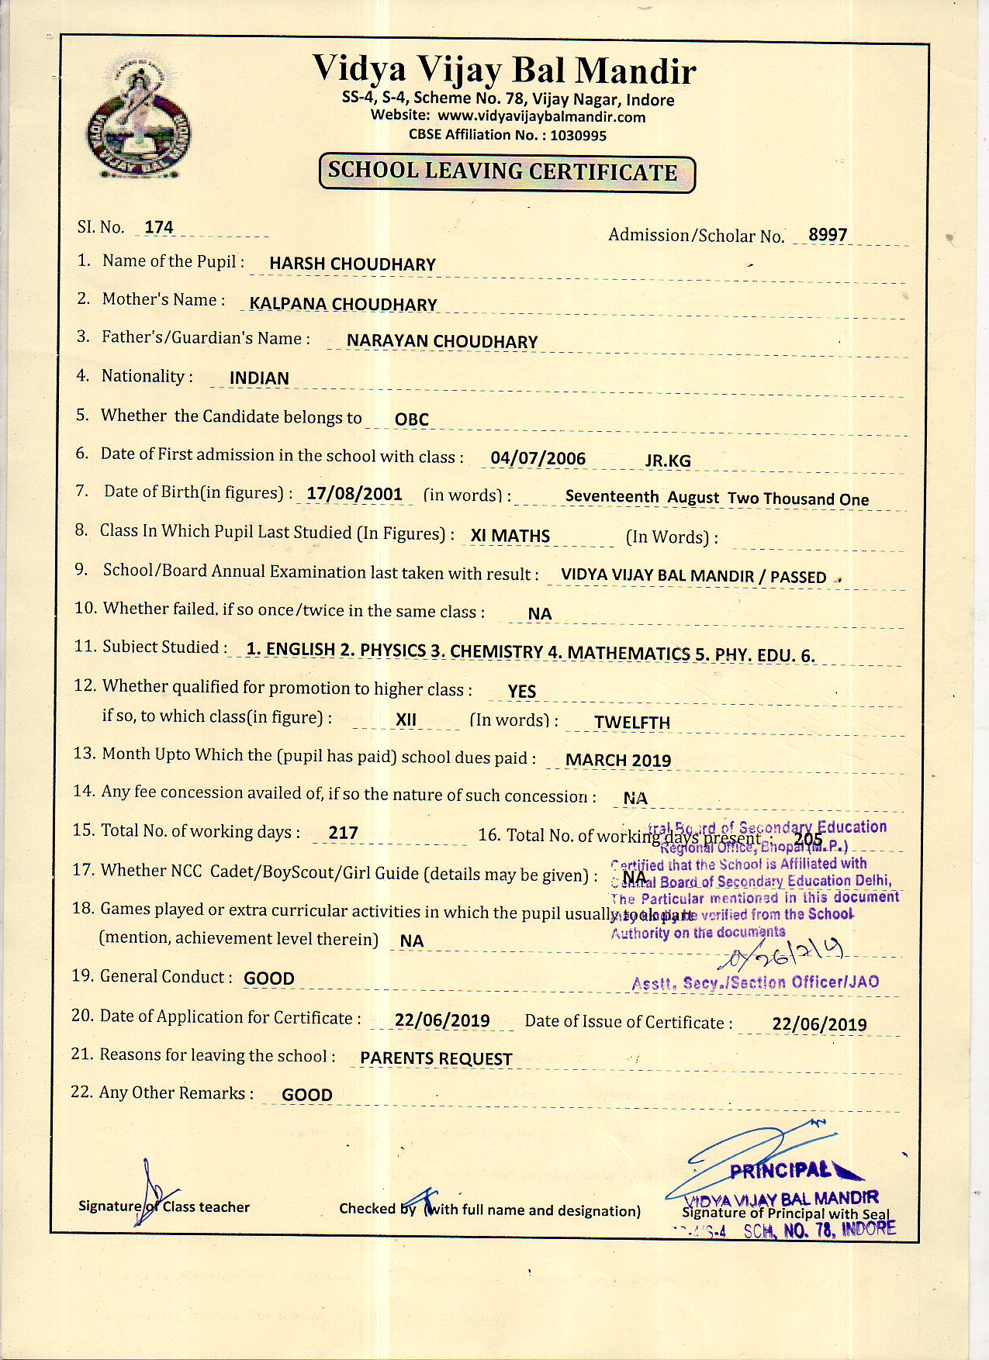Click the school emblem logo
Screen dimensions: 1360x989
click(137, 116)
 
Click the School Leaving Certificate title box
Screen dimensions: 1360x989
click(507, 172)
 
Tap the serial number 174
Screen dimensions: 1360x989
click(159, 227)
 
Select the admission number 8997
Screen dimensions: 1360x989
click(828, 234)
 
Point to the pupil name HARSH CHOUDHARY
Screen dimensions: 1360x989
click(352, 264)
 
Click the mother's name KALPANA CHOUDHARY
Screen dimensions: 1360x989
click(343, 304)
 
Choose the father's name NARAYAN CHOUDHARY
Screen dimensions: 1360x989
click(441, 341)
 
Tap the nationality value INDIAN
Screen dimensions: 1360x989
click(259, 378)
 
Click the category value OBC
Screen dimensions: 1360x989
click(411, 419)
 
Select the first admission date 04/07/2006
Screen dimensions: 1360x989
click(538, 458)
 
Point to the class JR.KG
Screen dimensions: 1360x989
click(667, 461)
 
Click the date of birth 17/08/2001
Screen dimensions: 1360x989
click(354, 494)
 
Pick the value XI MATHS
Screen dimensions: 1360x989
click(510, 536)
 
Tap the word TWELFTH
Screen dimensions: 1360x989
click(631, 722)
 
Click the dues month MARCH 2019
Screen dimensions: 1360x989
click(617, 760)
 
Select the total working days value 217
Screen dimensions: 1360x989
click(343, 833)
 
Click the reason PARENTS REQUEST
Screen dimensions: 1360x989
click(436, 1058)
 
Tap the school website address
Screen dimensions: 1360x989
click(541, 117)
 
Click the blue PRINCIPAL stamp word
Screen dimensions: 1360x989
click(780, 1170)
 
